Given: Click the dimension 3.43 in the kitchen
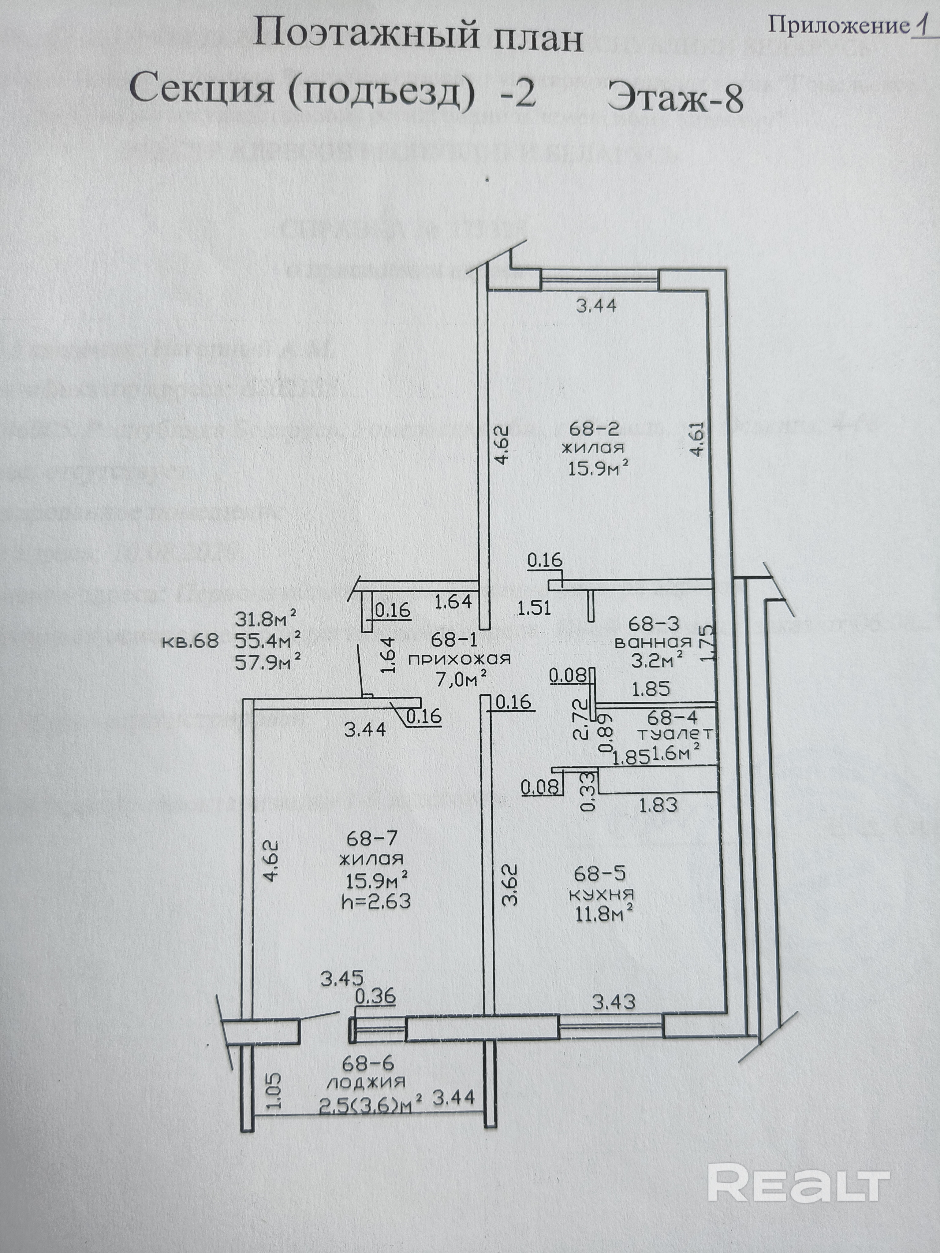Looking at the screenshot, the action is [x=614, y=1002].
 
